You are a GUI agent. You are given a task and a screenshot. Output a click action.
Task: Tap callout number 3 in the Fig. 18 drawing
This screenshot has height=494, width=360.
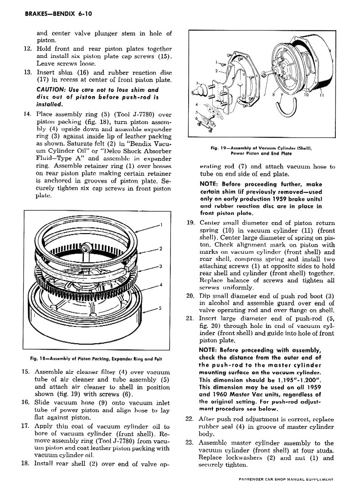point(161,266)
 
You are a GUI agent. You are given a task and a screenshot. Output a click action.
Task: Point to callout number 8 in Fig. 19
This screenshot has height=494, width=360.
point(273,96)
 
